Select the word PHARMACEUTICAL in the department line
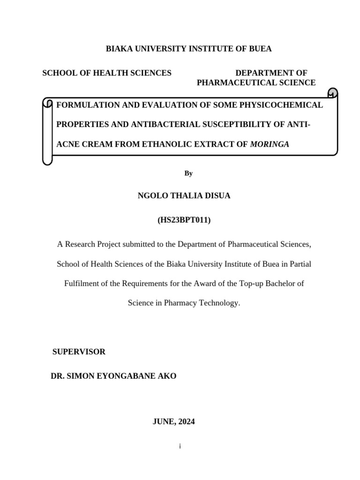[236, 83]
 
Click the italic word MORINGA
[270, 144]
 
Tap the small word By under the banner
[188, 173]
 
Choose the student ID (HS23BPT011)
[184, 220]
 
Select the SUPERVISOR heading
[79, 352]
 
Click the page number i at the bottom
[180, 446]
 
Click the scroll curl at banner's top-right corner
[332, 93]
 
